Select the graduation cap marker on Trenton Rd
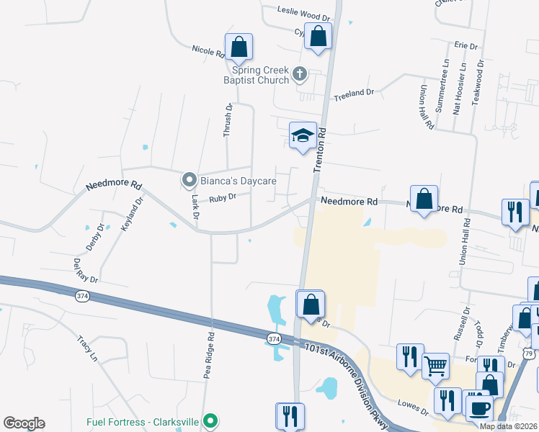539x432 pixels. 303,135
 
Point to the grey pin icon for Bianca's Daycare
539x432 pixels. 189,179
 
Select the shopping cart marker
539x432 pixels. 435,366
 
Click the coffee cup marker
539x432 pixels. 478,408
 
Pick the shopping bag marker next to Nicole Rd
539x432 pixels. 239,48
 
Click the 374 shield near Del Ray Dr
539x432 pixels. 81,295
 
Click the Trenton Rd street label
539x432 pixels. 321,150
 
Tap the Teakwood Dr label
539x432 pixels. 477,81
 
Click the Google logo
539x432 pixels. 24,423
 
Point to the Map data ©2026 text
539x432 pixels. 508,426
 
